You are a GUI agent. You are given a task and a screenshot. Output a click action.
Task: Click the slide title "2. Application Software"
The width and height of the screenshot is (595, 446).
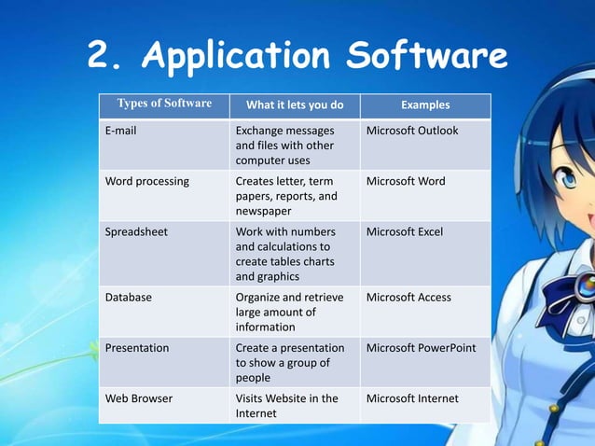coord(297,57)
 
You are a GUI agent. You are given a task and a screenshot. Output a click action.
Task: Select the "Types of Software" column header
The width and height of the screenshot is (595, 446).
coord(164,105)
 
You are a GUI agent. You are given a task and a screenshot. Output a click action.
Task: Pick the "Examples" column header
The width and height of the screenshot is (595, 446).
coord(424,105)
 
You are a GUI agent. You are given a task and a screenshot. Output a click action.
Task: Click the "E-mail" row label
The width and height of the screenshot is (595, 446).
coord(120,131)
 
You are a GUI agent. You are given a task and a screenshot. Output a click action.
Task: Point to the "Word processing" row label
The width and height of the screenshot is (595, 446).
coord(146,181)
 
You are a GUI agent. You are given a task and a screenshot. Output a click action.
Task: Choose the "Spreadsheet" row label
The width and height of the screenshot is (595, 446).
coord(136,231)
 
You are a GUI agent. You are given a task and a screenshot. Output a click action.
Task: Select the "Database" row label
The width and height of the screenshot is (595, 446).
coord(129,298)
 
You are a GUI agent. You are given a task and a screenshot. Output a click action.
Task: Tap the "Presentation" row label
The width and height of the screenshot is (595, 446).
coord(137,348)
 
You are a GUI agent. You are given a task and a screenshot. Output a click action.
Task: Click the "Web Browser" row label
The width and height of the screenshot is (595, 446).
coord(138,398)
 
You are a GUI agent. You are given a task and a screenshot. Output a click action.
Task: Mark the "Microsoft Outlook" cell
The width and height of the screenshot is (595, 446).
coord(412,131)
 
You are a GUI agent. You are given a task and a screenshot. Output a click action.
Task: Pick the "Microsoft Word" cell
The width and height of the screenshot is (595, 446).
coord(406,181)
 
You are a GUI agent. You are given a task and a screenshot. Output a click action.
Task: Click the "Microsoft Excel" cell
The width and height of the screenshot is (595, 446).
coord(405,231)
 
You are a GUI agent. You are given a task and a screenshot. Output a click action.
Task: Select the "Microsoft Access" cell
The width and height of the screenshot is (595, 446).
coord(408,298)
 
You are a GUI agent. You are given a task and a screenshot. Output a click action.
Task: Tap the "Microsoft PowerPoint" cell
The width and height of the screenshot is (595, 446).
coord(421,348)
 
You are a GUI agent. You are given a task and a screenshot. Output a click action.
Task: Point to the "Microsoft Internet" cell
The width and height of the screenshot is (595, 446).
coord(412,398)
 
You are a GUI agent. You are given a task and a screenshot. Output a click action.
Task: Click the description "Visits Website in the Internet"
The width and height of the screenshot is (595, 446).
coord(286,406)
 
